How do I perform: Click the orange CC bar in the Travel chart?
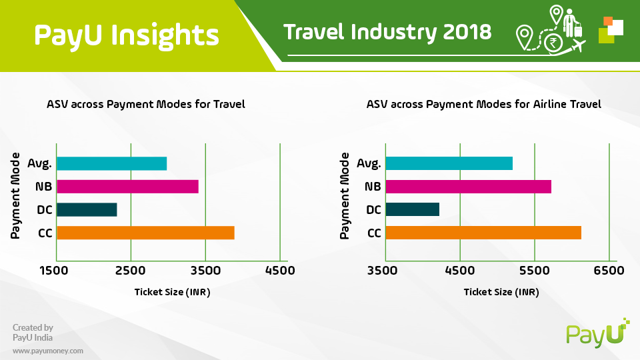point(145,233)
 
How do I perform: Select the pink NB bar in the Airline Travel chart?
point(468,187)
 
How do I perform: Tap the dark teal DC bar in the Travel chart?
point(87,210)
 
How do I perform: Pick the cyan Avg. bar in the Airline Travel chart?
point(449,163)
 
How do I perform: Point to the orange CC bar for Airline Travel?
point(483,233)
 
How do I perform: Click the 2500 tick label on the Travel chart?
point(130,271)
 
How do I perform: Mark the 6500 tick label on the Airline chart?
point(609,271)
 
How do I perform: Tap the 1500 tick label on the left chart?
point(53,271)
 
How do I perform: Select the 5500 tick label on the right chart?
point(534,271)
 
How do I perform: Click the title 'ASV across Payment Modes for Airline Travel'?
point(484,105)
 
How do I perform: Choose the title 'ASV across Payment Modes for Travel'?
point(146,105)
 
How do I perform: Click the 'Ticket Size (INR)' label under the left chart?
point(172,292)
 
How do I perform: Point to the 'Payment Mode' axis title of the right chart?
point(345,195)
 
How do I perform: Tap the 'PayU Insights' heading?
point(127,36)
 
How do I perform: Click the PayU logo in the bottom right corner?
point(597,333)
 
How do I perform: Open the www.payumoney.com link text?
point(48,351)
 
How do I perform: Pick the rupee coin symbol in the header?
point(553,42)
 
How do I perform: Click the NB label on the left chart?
point(44,187)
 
